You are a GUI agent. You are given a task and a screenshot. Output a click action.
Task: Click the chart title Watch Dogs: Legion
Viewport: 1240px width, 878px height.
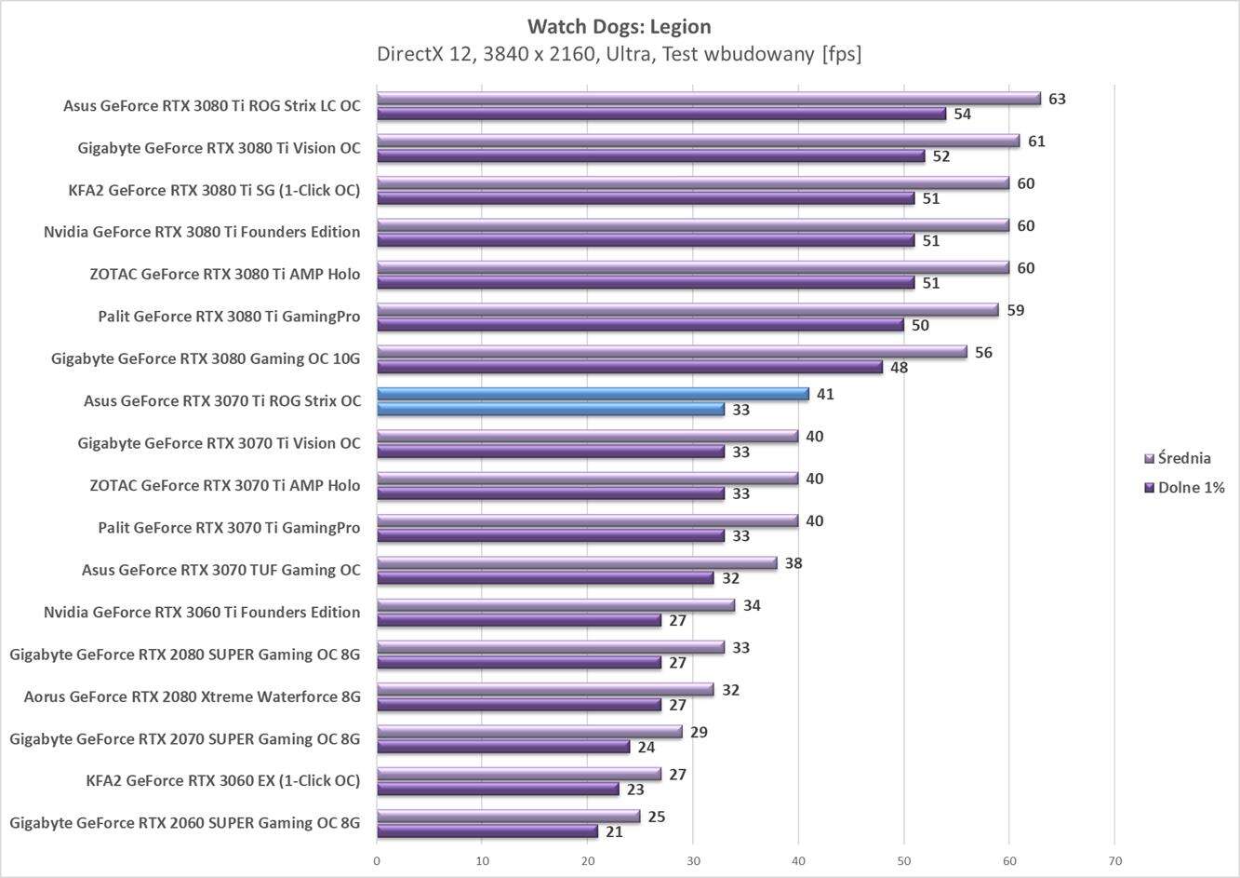pos(619,26)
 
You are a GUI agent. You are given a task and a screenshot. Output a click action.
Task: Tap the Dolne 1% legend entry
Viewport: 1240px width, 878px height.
pos(1190,487)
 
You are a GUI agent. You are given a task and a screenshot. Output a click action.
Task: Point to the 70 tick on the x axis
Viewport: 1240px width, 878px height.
pos(1114,861)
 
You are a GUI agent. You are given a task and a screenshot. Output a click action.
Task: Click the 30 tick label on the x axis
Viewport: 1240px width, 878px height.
pos(693,861)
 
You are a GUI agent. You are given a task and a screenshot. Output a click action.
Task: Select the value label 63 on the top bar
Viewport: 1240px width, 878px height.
pos(1057,99)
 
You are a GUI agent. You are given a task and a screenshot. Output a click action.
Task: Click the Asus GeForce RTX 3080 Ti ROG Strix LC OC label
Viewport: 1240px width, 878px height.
pos(211,106)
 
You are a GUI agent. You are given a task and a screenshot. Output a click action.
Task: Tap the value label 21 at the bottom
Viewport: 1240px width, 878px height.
pos(614,831)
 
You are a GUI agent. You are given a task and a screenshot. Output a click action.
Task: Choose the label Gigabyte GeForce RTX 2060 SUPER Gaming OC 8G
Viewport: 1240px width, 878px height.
pos(185,823)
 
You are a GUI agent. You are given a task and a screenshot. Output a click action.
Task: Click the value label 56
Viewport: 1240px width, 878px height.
pos(983,352)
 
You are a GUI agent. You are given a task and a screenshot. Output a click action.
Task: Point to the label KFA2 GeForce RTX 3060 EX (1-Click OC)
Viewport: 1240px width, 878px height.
pos(222,780)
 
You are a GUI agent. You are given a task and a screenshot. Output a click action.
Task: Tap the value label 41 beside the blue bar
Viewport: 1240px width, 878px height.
pos(825,394)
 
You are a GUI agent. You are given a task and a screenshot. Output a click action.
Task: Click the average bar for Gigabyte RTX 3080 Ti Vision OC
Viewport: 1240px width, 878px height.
pos(698,141)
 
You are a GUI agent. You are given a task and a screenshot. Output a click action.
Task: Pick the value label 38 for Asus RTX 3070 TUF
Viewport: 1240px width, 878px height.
pos(793,563)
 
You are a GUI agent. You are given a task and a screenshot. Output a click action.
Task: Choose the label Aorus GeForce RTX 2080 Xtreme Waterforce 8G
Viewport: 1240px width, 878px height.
pos(192,696)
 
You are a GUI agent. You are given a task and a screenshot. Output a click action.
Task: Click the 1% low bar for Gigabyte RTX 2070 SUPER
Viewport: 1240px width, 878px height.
pos(502,747)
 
